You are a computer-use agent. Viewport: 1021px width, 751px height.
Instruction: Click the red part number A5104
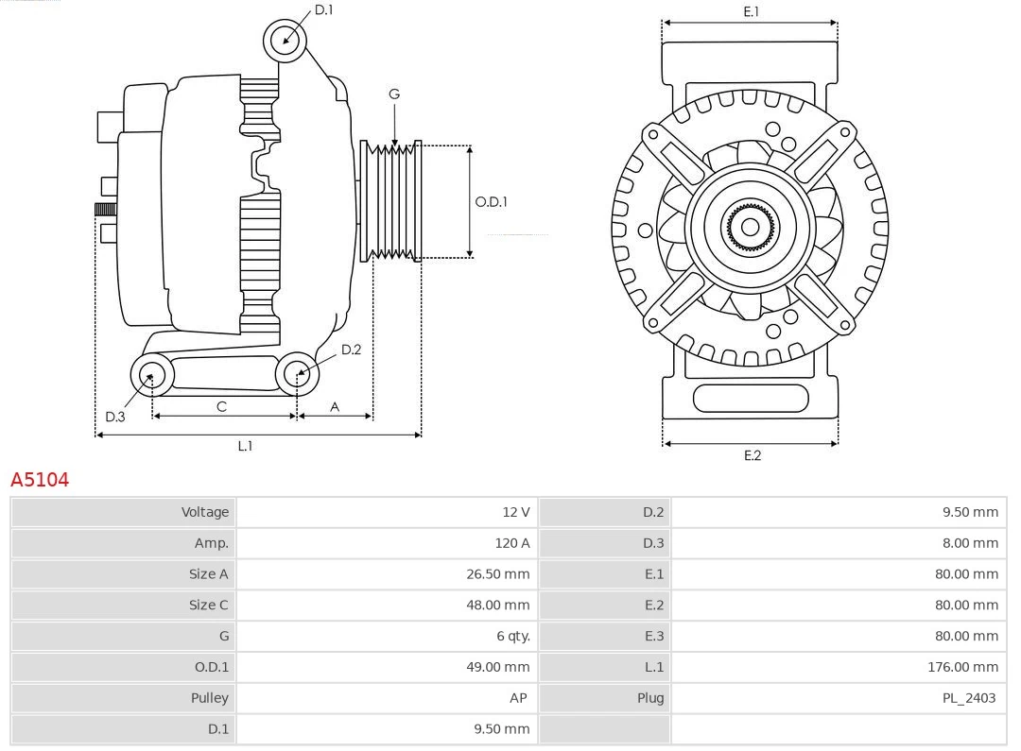pyautogui.click(x=40, y=480)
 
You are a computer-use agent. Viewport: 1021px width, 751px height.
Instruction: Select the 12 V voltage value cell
pyautogui.click(x=515, y=512)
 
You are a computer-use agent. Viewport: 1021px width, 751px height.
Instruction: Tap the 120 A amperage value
pyautogui.click(x=511, y=543)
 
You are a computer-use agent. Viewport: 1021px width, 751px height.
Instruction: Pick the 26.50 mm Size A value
pyautogui.click(x=498, y=574)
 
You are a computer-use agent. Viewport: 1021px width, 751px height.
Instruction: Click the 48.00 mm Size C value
pyautogui.click(x=498, y=605)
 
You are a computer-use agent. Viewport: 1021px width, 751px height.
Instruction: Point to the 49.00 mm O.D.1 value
pyautogui.click(x=498, y=667)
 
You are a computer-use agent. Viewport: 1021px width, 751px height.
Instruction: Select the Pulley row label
pyautogui.click(x=209, y=698)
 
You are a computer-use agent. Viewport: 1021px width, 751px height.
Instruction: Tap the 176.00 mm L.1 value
pyautogui.click(x=962, y=667)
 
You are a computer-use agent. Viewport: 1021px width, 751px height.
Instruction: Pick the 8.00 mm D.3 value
pyautogui.click(x=970, y=543)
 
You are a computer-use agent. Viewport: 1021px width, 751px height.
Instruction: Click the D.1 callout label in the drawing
pyautogui.click(x=323, y=10)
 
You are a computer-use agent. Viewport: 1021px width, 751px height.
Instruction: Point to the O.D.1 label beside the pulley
pyautogui.click(x=491, y=201)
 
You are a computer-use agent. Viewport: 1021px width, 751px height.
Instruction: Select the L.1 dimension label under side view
pyautogui.click(x=245, y=446)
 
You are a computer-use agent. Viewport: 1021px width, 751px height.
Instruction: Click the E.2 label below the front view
pyautogui.click(x=752, y=455)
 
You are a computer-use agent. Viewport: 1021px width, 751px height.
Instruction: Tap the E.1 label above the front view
pyautogui.click(x=751, y=11)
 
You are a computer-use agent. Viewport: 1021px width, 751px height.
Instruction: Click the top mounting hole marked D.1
pyautogui.click(x=286, y=40)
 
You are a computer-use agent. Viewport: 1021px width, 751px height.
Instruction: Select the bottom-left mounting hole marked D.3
pyautogui.click(x=150, y=376)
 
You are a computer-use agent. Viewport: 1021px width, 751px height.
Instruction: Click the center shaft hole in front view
pyautogui.click(x=750, y=227)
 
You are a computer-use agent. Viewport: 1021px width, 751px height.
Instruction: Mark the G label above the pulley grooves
pyautogui.click(x=394, y=94)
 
